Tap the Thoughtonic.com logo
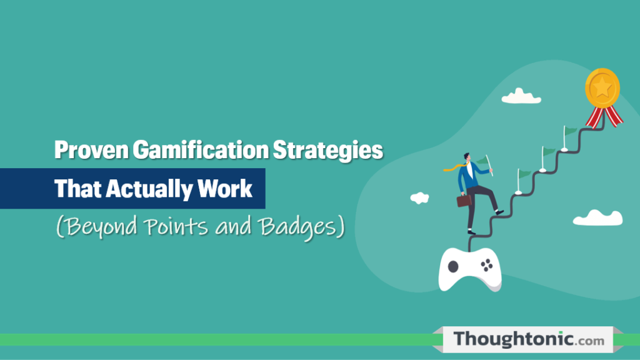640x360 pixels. coord(529,339)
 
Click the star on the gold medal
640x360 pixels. coord(602,88)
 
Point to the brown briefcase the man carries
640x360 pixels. coord(464,200)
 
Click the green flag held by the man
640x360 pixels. coord(484,164)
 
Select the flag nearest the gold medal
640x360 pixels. coord(570,132)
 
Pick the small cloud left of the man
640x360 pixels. coord(419,197)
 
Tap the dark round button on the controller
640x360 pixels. coord(453,266)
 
